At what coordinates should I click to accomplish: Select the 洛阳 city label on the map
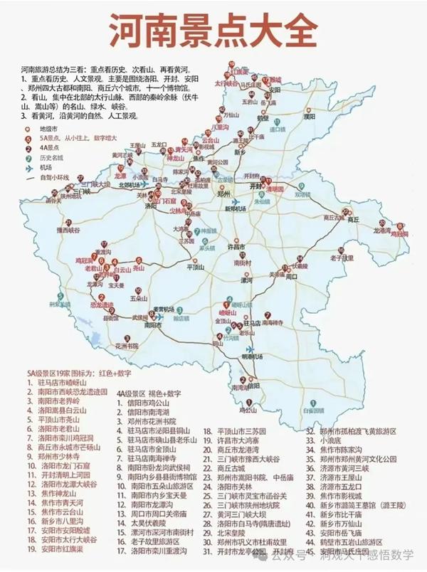point(150,206)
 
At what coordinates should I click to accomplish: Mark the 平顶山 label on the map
point(195,268)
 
